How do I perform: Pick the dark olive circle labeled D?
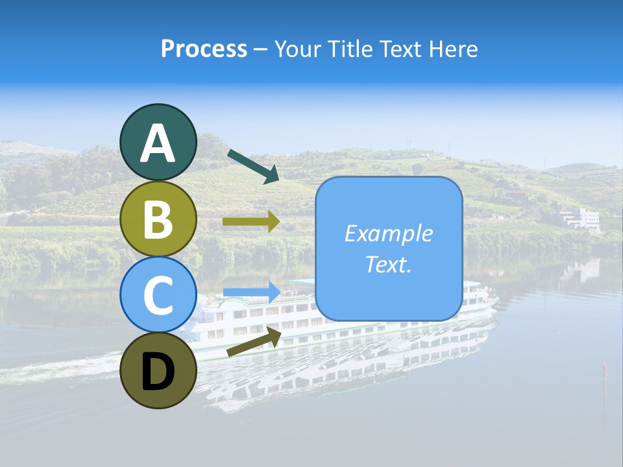tap(158, 370)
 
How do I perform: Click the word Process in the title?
tap(204, 49)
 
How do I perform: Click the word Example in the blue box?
tap(389, 233)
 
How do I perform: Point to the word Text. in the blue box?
tap(389, 264)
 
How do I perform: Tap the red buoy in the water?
tap(604, 370)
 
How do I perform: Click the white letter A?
tap(158, 143)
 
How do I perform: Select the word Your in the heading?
tap(296, 49)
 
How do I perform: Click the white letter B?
tap(158, 219)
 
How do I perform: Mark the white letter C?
tap(158, 296)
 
